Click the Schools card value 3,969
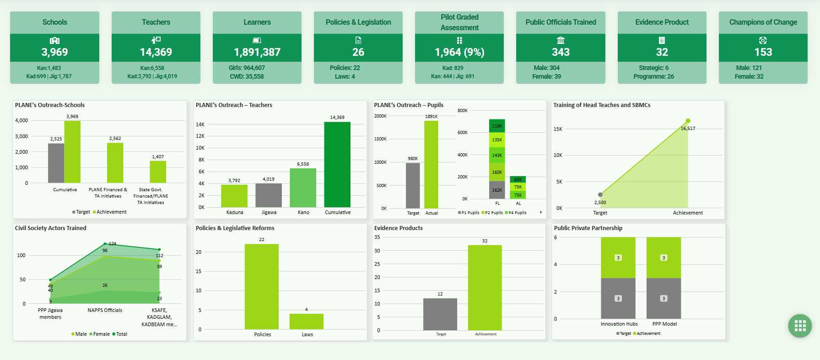pyautogui.click(x=54, y=52)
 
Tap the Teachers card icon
pyautogui.click(x=156, y=40)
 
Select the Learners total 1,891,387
pyautogui.click(x=257, y=52)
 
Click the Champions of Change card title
pyautogui.click(x=763, y=22)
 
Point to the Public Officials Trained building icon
pyautogui.click(x=561, y=40)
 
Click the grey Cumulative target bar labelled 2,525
pyautogui.click(x=56, y=163)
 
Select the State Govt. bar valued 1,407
pyautogui.click(x=158, y=172)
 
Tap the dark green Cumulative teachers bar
pyautogui.click(x=337, y=165)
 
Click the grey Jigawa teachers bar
pyautogui.click(x=269, y=195)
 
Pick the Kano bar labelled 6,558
pyautogui.click(x=303, y=188)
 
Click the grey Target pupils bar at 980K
pyautogui.click(x=413, y=185)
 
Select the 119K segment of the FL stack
pyautogui.click(x=497, y=126)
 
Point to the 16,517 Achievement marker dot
pyautogui.click(x=688, y=121)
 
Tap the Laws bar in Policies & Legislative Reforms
pyautogui.click(x=307, y=321)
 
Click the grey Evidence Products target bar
pyautogui.click(x=440, y=314)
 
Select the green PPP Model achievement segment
pyautogui.click(x=664, y=258)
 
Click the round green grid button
pyautogui.click(x=800, y=326)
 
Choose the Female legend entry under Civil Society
pyautogui.click(x=100, y=334)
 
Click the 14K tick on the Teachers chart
pyautogui.click(x=200, y=124)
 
